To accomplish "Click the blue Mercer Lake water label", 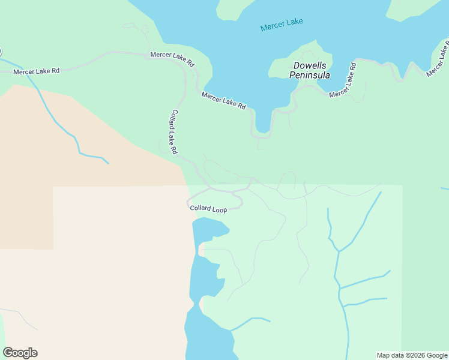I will click(x=282, y=25).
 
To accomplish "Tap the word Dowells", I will click(x=309, y=66).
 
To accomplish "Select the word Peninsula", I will click(x=309, y=75).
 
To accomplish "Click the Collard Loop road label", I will click(x=208, y=209).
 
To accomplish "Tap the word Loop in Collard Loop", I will click(x=220, y=210).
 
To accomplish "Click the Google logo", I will click(x=20, y=353).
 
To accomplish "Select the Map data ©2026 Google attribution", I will click(x=411, y=355).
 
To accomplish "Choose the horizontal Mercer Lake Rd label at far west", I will click(x=37, y=71).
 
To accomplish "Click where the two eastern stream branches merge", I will click(x=339, y=251).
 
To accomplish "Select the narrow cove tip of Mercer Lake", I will click(x=262, y=128).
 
